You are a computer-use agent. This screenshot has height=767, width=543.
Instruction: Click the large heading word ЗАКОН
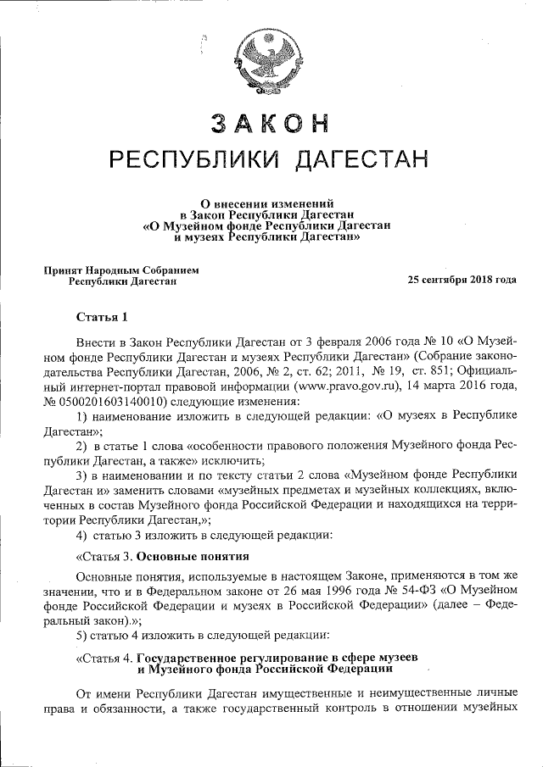[x=269, y=123]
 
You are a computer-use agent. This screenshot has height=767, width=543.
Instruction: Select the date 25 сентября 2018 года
[x=462, y=280]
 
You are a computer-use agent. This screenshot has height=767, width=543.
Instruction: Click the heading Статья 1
[x=102, y=318]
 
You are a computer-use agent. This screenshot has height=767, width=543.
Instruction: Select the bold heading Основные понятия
[x=193, y=557]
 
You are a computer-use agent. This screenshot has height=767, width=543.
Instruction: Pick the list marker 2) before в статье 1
[x=81, y=447]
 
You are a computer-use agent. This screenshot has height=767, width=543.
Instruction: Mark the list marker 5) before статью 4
[x=81, y=635]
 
